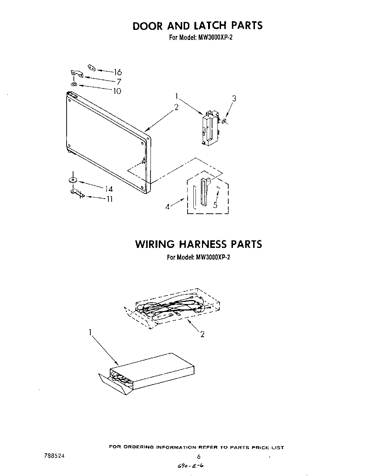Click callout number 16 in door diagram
(x=117, y=72)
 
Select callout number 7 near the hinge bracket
(x=119, y=82)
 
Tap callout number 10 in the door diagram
(x=117, y=91)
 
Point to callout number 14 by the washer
(x=109, y=189)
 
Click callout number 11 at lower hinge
(x=109, y=199)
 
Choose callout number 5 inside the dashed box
(x=215, y=205)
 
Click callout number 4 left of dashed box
(x=167, y=207)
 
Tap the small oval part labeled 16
(x=91, y=67)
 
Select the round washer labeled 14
(x=73, y=180)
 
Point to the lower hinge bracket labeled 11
(x=77, y=193)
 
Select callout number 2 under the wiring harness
(x=202, y=334)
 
